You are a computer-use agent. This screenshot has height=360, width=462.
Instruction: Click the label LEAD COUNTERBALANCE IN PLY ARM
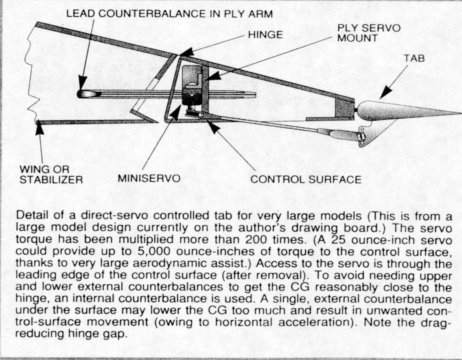point(169,13)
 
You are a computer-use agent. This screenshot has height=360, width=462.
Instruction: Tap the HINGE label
point(265,35)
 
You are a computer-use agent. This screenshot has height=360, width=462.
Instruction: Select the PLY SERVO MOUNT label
point(369,33)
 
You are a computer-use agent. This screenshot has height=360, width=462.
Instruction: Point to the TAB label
point(414,58)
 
